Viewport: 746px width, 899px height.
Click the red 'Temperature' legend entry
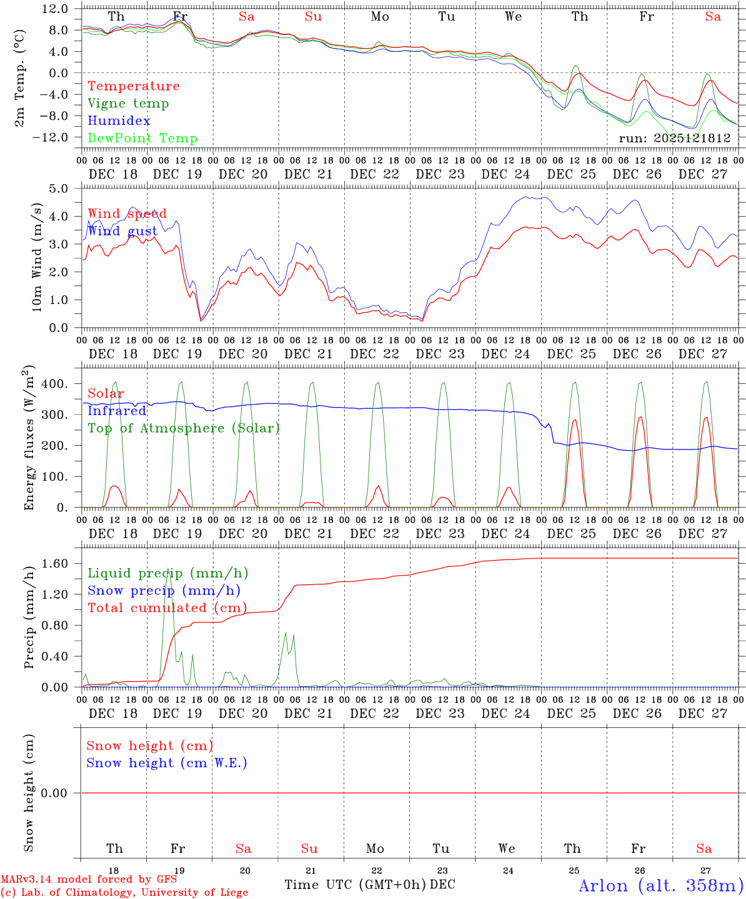pos(133,86)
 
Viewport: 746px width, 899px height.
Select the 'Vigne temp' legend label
pos(128,104)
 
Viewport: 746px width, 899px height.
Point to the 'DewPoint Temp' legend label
pos(142,139)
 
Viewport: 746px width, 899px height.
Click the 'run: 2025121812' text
pos(674,139)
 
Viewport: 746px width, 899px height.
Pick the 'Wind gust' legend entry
pos(122,231)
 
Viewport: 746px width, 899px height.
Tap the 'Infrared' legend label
pos(117,411)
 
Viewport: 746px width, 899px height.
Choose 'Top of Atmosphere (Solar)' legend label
pos(183,428)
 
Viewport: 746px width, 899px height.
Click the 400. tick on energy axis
pos(54,384)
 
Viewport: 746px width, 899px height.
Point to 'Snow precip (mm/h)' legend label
pos(164,591)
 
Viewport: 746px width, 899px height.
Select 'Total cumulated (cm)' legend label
pos(167,608)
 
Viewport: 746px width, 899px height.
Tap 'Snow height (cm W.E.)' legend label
pos(167,763)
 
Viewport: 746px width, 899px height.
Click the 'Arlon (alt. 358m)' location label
pos(661,885)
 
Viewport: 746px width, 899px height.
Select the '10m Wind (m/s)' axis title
pos(37,257)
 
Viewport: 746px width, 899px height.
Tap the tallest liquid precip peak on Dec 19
pos(167,573)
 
